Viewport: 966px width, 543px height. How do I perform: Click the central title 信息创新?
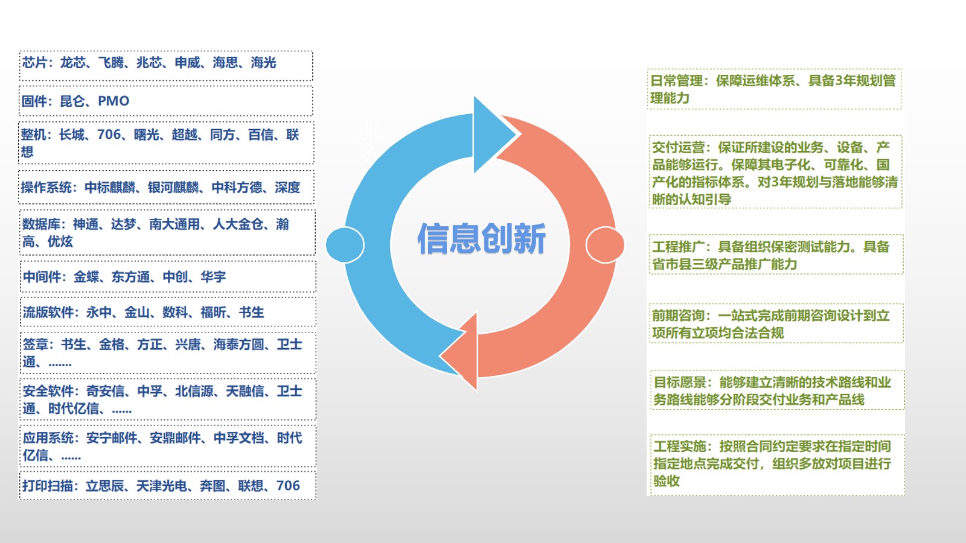click(481, 238)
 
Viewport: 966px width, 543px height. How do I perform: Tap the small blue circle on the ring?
click(345, 245)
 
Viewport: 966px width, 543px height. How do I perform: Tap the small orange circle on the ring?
click(604, 245)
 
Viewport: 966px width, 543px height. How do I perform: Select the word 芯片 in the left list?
click(34, 63)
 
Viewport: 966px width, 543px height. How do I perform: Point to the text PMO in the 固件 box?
click(114, 101)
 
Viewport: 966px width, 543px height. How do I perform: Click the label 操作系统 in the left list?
click(46, 188)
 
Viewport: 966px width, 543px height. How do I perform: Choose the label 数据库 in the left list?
click(41, 224)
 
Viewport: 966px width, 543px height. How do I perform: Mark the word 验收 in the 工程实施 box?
click(667, 481)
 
